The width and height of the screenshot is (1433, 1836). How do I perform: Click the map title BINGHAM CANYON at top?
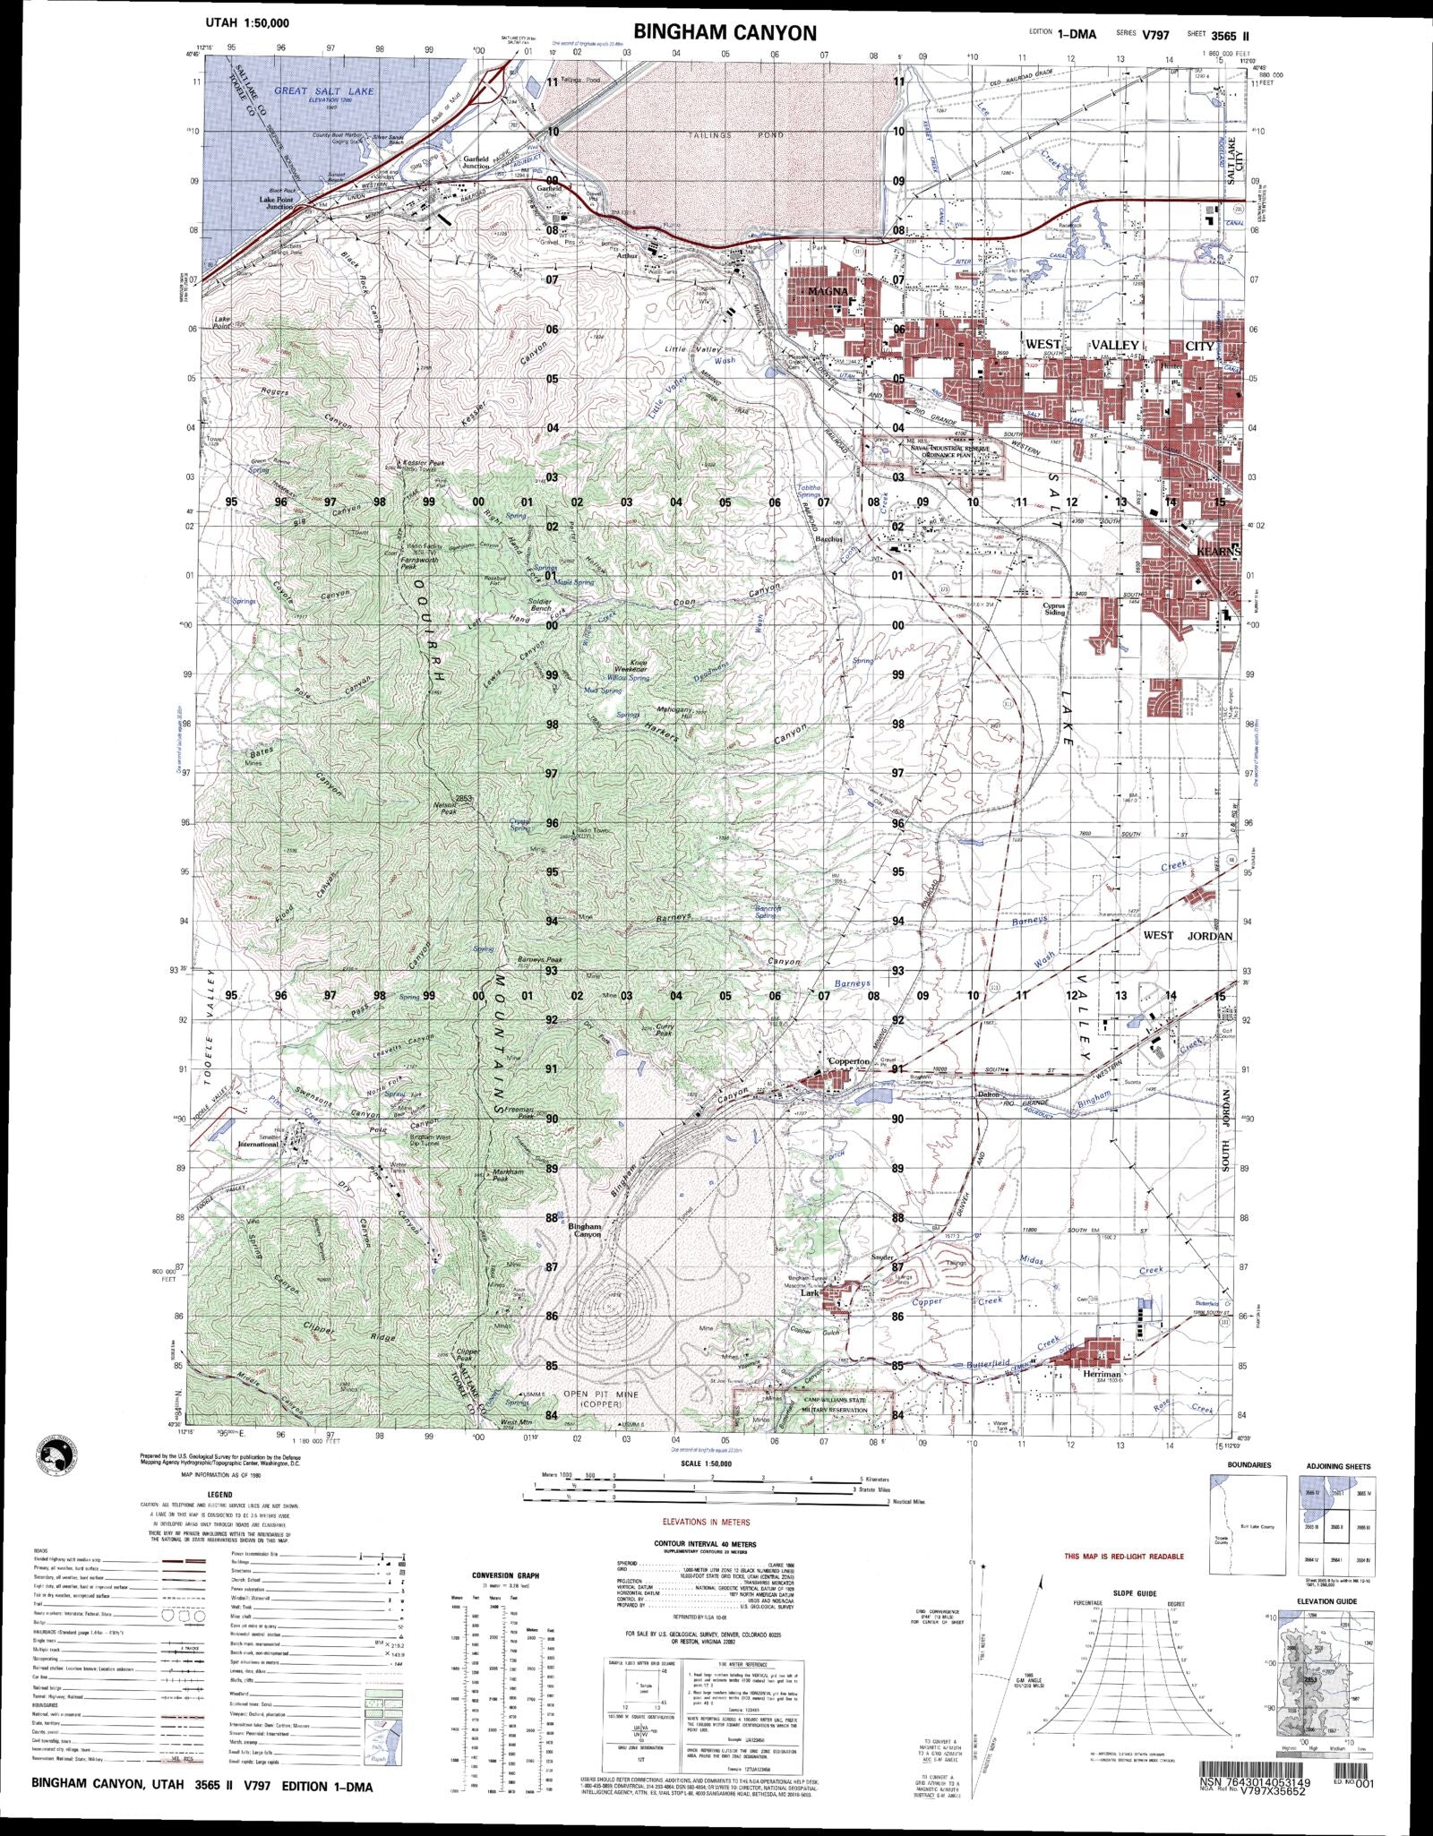click(725, 33)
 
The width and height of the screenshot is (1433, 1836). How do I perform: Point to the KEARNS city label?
click(1218, 552)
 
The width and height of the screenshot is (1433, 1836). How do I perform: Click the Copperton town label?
click(847, 1061)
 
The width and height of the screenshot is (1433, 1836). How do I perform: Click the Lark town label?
click(810, 1293)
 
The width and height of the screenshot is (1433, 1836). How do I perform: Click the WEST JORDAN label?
click(1188, 936)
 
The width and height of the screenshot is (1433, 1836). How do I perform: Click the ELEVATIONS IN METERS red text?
click(707, 1522)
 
